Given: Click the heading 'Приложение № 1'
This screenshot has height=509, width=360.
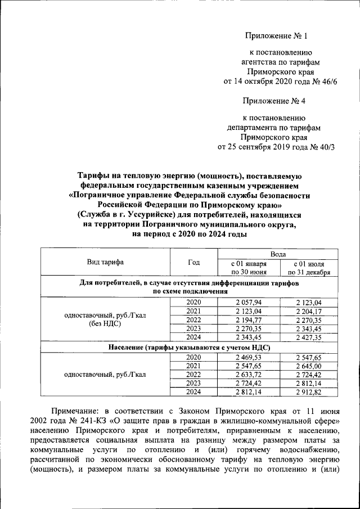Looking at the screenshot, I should click(x=277, y=37).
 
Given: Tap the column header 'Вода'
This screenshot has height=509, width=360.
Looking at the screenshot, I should click(x=277, y=254).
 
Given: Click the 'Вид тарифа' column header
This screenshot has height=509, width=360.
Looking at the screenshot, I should click(x=105, y=262).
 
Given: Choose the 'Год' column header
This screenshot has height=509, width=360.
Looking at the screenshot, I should click(x=193, y=262).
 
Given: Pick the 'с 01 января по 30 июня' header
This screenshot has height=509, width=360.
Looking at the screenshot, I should click(x=248, y=268).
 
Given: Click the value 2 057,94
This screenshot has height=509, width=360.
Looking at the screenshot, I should click(x=248, y=303).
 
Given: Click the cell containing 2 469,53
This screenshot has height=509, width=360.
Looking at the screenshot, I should click(x=248, y=357).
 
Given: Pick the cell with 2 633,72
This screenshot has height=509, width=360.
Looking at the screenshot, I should click(x=248, y=374).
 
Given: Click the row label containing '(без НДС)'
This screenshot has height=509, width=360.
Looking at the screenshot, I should click(x=105, y=324).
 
